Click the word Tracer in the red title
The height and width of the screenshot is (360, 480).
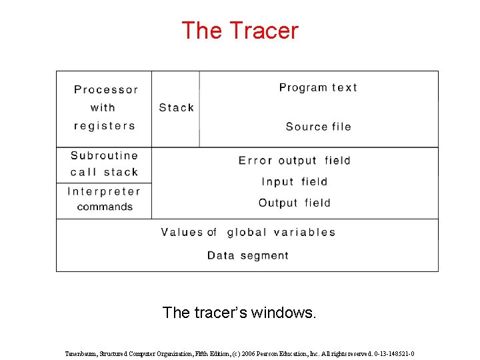pos(264,31)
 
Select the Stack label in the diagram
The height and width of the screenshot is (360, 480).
pos(177,107)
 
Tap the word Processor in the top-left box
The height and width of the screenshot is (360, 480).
pos(106,89)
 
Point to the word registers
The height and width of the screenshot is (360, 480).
pos(105,126)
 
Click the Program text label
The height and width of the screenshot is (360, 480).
pos(318,87)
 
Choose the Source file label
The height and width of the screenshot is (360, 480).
pos(318,127)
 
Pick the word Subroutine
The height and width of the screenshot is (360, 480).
pos(105,156)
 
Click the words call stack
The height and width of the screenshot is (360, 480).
pos(105,172)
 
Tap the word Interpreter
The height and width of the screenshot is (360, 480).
pos(104,191)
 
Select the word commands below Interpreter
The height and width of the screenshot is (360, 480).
pos(105,207)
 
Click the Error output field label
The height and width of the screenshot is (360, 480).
pos(294,161)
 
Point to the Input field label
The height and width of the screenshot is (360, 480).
pos(294,181)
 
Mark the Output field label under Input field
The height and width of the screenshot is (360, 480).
pos(294,203)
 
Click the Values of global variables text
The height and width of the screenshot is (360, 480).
pos(248,233)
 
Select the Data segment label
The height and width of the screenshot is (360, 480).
pos(248,255)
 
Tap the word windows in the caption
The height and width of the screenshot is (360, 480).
pos(283,312)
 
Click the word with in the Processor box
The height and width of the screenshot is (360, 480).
pos(103,107)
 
